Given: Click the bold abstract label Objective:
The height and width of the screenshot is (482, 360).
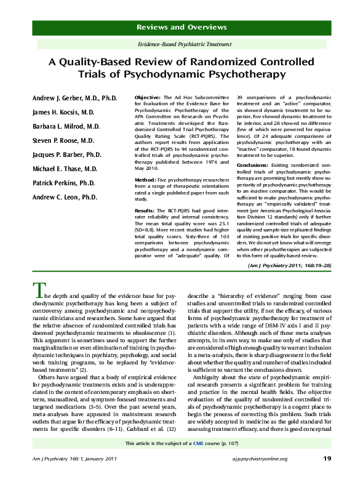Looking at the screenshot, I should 148,98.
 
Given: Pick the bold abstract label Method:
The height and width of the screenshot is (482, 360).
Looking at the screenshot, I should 145,179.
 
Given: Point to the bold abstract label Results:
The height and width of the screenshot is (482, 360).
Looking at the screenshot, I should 146,211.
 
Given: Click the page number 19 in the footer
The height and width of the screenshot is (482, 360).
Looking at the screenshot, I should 327,459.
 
